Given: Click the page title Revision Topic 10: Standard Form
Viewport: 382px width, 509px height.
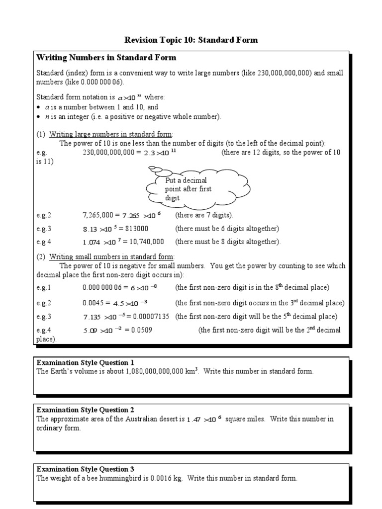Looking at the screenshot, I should [191, 40].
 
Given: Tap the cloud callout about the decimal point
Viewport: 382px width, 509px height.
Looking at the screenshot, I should [197, 188].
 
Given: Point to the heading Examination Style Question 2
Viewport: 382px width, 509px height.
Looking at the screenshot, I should [86, 410].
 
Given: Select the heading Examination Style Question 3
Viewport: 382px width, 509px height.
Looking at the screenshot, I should [86, 469].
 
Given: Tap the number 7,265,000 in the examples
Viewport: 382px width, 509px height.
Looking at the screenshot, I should [98, 215].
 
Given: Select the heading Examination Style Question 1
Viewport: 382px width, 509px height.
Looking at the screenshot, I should [86, 363].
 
